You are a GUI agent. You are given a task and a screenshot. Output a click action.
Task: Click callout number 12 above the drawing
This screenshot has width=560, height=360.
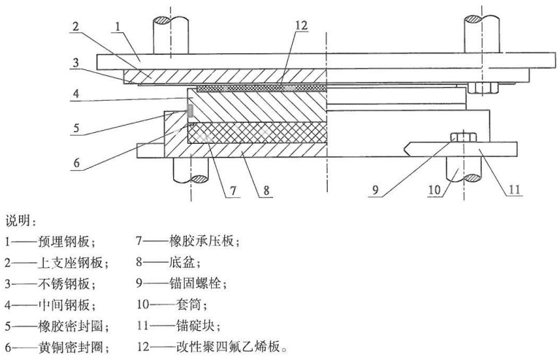click(302, 26)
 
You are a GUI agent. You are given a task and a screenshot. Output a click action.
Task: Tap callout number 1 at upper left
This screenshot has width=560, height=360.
click(118, 26)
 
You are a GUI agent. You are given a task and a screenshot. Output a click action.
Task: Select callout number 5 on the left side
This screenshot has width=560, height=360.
click(77, 128)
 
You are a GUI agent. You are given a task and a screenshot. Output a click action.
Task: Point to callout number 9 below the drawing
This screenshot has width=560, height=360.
click(375, 190)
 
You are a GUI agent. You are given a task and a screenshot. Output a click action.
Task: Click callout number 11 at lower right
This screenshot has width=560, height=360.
click(515, 189)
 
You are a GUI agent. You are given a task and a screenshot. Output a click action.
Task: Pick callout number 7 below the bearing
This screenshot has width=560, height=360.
click(233, 191)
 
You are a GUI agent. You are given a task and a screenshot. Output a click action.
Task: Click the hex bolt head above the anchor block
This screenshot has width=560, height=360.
click(463, 137)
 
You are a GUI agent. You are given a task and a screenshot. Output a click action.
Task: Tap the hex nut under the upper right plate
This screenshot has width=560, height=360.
click(483, 88)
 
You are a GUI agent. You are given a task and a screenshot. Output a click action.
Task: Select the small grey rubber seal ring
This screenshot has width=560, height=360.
click(190, 110)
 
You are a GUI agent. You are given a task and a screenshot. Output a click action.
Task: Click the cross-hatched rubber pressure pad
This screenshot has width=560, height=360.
click(257, 132)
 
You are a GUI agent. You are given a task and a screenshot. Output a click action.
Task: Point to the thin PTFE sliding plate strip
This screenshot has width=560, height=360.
click(262, 88)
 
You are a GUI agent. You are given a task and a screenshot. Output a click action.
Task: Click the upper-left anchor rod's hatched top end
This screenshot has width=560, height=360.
click(170, 20)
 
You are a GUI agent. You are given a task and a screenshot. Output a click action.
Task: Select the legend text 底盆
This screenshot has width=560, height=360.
click(181, 263)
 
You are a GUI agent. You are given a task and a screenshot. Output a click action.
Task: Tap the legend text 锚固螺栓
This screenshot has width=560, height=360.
click(195, 283)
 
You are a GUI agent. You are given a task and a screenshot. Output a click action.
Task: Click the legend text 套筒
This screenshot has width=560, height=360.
click(189, 305)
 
